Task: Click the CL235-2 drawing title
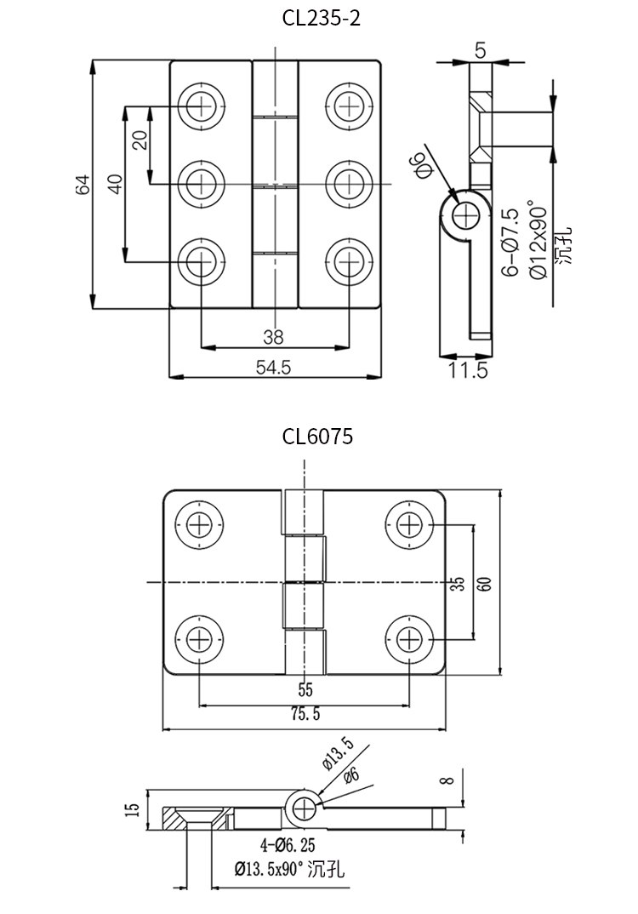tap(322, 18)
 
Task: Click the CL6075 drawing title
tap(317, 437)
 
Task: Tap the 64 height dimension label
tap(83, 185)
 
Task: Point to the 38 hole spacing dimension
tap(273, 337)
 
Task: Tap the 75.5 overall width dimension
tap(305, 716)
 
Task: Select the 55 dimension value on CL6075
tap(305, 690)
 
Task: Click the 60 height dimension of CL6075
tap(484, 584)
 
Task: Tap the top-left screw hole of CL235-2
tap(202, 105)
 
